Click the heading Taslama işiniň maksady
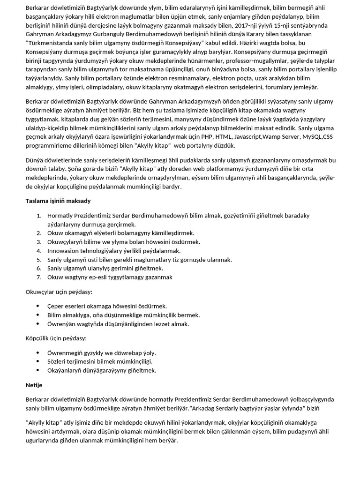(58, 201)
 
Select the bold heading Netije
(34, 385)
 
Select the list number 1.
(38, 216)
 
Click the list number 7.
(38, 277)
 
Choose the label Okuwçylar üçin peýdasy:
(59, 292)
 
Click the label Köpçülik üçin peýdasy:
(56, 338)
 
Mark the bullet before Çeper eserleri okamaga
(38, 306)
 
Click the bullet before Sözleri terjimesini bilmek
(38, 361)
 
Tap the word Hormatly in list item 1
(61, 216)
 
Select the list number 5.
(38, 260)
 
